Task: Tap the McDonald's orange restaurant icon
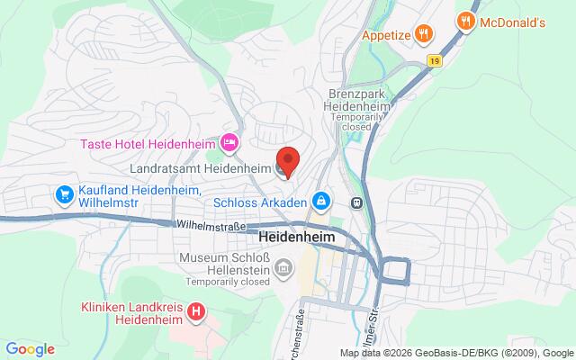pyautogui.click(x=465, y=20)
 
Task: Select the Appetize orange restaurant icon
pyautogui.click(x=426, y=35)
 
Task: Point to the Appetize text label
pyautogui.click(x=386, y=35)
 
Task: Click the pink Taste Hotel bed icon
pyautogui.click(x=229, y=142)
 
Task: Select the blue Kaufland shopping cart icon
pyautogui.click(x=64, y=193)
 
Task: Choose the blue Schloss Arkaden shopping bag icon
pyautogui.click(x=319, y=202)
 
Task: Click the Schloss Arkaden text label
pyautogui.click(x=261, y=202)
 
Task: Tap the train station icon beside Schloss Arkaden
pyautogui.click(x=357, y=202)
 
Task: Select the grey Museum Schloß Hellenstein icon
pyautogui.click(x=283, y=267)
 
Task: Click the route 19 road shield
pyautogui.click(x=435, y=60)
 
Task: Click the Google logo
pyautogui.click(x=30, y=349)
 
